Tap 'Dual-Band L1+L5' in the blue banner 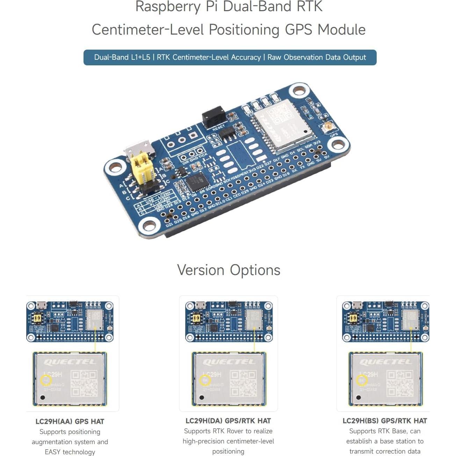coord(122,57)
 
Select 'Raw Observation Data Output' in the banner coord(317,57)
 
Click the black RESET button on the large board coord(213,116)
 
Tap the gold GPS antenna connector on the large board coord(328,127)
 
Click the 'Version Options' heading coord(229,270)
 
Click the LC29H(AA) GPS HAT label coord(70,421)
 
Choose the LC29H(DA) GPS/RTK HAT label coord(228,421)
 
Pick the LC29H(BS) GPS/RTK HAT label coord(385,421)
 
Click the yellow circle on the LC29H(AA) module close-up coord(46,380)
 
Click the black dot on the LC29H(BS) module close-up coord(359,397)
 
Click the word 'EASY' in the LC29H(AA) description coord(52,452)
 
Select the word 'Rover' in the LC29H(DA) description coord(235,431)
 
